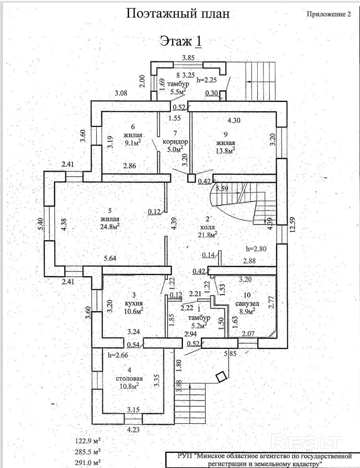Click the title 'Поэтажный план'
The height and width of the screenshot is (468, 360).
click(x=178, y=14)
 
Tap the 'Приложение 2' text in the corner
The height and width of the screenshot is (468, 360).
click(x=329, y=14)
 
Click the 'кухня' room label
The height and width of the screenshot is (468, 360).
click(x=134, y=303)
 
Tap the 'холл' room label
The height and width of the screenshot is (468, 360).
click(x=207, y=227)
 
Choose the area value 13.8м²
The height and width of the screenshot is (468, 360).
click(x=225, y=151)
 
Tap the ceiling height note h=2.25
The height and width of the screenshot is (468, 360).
click(x=206, y=79)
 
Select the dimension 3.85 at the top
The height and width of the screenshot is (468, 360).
click(x=188, y=58)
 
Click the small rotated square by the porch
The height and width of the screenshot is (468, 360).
click(x=222, y=376)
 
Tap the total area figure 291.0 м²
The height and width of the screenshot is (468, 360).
click(x=88, y=462)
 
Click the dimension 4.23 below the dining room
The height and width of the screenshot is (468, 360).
click(x=133, y=430)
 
